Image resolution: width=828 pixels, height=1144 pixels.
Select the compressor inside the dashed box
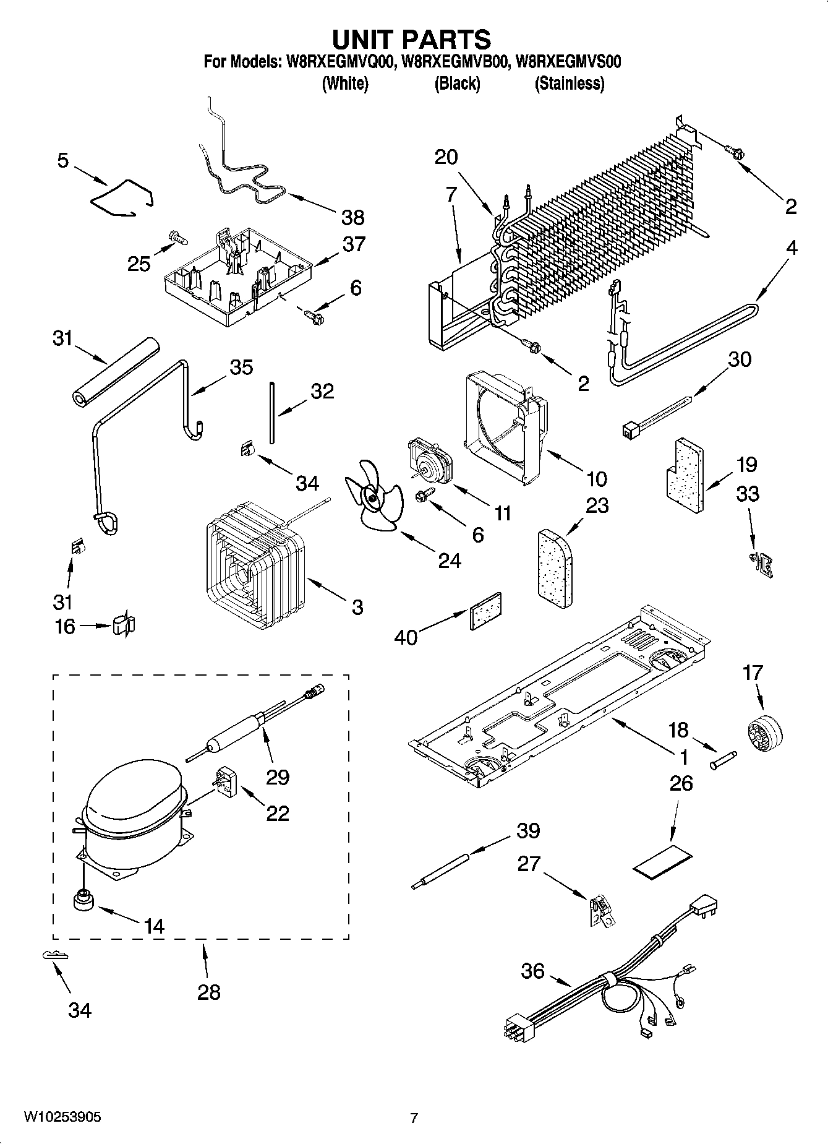click(x=131, y=820)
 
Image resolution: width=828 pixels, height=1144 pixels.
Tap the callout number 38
click(x=353, y=217)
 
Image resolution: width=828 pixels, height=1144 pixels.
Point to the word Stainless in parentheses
click(x=569, y=84)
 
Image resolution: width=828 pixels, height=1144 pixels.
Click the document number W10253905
click(x=62, y=1117)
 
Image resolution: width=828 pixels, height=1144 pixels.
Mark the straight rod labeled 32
click(x=271, y=413)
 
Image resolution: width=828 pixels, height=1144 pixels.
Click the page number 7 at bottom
click(x=414, y=1117)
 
